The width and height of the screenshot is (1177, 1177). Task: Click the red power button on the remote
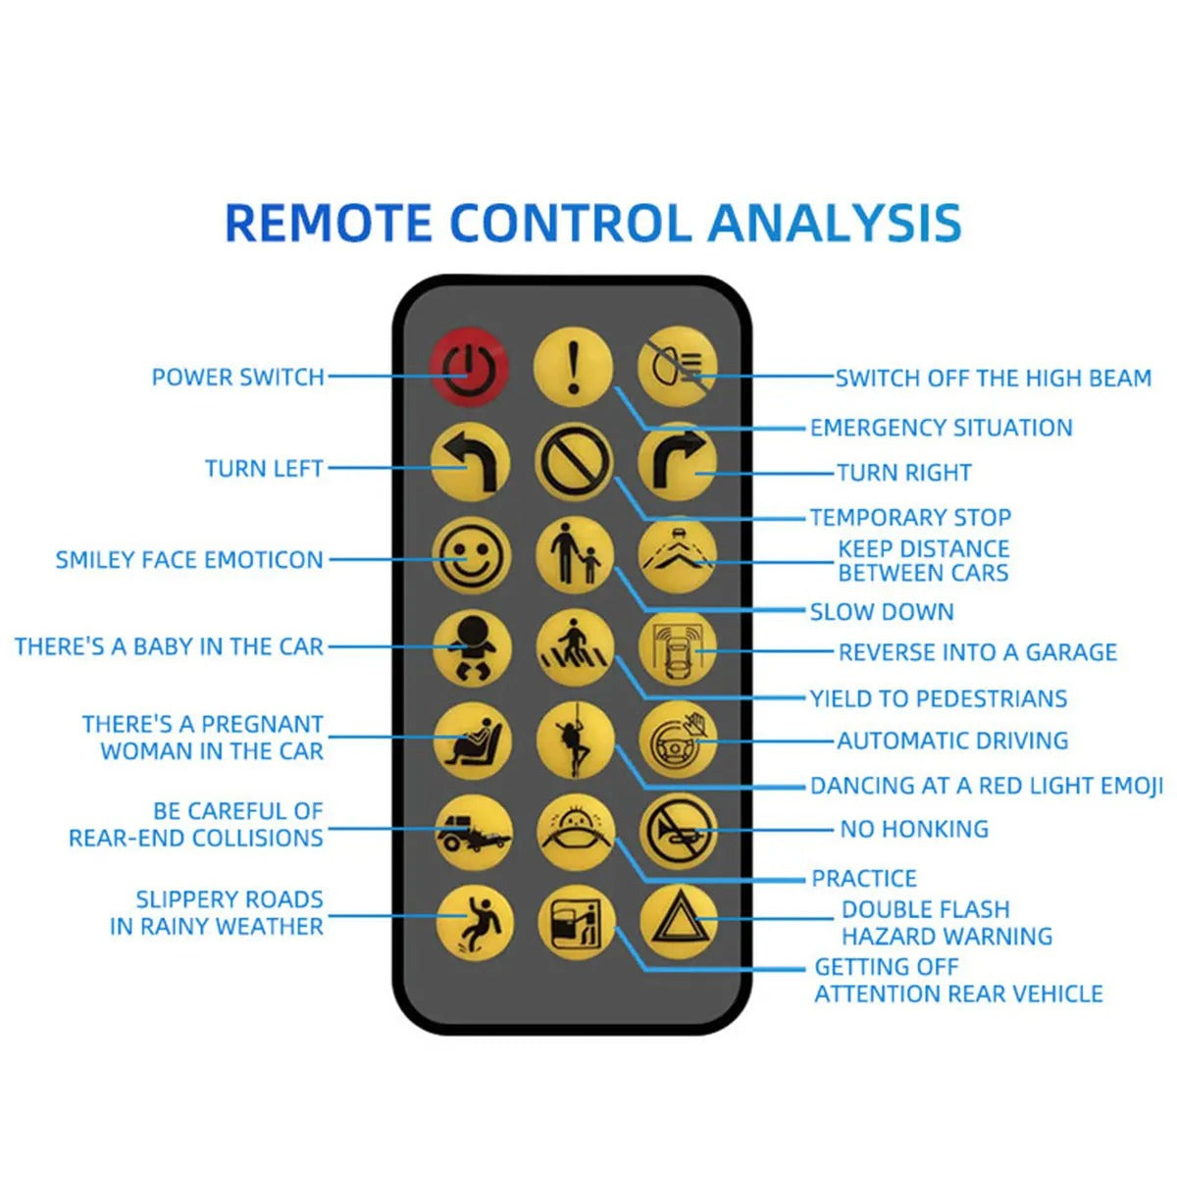[x=469, y=369]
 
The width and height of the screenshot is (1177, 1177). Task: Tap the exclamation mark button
[x=573, y=367]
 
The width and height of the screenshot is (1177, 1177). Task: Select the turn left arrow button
[x=470, y=462]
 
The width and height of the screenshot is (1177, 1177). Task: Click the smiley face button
[x=471, y=556]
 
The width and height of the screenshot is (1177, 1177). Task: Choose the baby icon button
[x=472, y=648]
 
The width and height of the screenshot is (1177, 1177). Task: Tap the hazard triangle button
[x=679, y=922]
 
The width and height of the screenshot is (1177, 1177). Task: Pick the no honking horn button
[x=678, y=832]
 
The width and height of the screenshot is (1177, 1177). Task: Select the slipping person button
[x=475, y=924]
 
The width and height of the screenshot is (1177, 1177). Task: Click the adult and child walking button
[x=575, y=554]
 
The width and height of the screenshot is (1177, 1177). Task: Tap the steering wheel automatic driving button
[x=678, y=741]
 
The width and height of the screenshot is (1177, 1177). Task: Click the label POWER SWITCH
[x=237, y=377]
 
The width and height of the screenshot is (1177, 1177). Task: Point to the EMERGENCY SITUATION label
[x=942, y=428]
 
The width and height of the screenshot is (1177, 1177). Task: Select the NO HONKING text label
[x=914, y=829]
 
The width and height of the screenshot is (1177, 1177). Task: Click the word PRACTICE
[x=864, y=878]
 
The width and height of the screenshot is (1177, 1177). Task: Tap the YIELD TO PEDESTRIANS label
[x=939, y=698]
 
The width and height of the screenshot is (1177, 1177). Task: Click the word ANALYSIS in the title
[x=835, y=223]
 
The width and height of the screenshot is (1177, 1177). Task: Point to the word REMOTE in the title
[x=329, y=223]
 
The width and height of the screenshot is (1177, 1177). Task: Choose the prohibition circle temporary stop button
[x=574, y=461]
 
